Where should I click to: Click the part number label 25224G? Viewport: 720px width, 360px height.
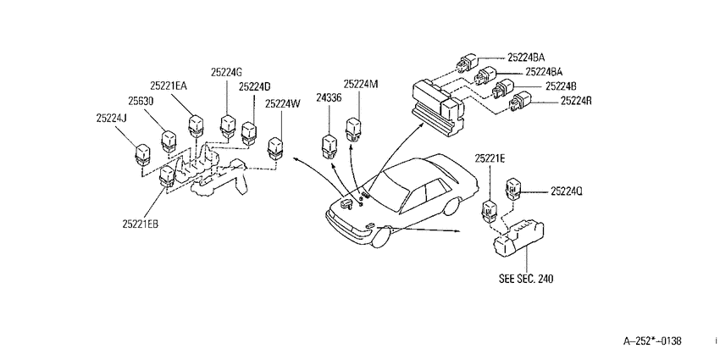[226, 72]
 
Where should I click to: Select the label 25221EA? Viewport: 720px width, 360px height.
[169, 86]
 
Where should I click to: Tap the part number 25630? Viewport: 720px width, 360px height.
[140, 101]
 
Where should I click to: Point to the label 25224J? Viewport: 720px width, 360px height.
[112, 118]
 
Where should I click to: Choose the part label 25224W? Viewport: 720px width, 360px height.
[282, 104]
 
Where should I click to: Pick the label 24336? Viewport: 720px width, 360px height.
[329, 97]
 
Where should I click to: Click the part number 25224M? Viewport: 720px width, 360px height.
[361, 84]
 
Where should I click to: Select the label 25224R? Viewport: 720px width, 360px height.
[576, 101]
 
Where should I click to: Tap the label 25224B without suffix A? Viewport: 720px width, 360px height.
[562, 86]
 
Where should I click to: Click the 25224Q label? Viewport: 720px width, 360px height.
[567, 192]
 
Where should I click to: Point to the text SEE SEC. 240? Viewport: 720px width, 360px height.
[526, 279]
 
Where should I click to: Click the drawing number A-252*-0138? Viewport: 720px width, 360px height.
[652, 341]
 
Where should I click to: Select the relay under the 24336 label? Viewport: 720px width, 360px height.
[329, 146]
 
